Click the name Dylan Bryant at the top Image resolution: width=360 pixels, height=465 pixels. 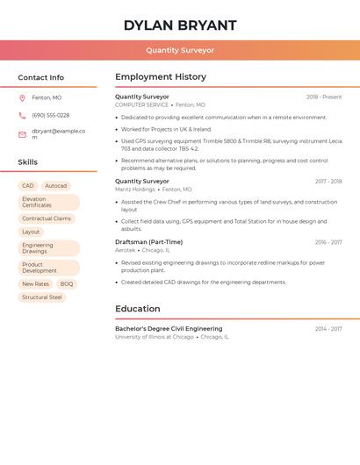coord(180,25)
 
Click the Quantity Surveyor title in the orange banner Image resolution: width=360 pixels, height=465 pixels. coord(180,51)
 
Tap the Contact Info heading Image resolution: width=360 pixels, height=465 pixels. coord(41,77)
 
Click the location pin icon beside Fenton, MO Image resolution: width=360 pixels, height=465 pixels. coord(22,98)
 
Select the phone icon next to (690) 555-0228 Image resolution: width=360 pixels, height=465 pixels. coord(22,116)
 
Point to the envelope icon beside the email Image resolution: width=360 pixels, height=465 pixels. coord(22,134)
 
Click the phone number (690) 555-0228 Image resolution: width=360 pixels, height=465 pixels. coord(51,116)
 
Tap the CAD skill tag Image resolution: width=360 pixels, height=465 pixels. coord(28,186)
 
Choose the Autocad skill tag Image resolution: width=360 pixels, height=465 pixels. coord(56,186)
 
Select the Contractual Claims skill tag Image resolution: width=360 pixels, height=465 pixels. coord(47,218)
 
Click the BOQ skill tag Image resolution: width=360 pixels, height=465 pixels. coord(67,284)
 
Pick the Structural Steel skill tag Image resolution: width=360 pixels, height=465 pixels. coord(42,297)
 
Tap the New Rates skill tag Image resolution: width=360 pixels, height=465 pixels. coord(36,284)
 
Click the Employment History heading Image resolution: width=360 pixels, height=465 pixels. coord(161,77)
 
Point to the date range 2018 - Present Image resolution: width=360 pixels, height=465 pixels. coord(324,97)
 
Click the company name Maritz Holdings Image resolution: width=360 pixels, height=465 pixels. coord(135,190)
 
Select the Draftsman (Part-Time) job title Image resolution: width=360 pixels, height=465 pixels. coord(148,242)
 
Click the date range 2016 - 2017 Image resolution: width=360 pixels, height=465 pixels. coord(328,242)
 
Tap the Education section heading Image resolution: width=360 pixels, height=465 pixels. coord(138,309)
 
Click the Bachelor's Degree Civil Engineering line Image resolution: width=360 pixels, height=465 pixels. coord(169,329)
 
